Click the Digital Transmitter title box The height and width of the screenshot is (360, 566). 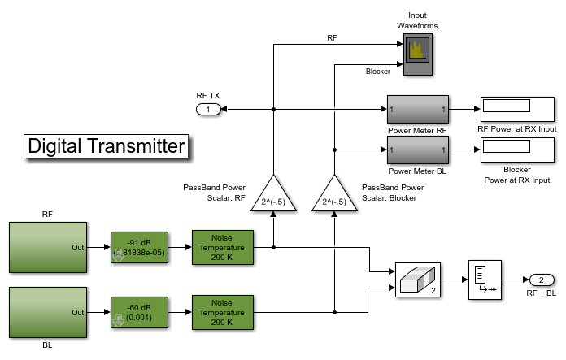point(107,146)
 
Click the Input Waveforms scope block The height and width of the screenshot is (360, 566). point(417,54)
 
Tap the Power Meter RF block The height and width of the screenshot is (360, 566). point(417,109)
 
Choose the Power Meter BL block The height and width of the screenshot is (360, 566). point(417,150)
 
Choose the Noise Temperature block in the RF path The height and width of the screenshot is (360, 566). point(222,247)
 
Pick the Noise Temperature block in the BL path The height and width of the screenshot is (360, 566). point(222,312)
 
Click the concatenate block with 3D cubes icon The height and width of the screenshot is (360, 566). point(417,280)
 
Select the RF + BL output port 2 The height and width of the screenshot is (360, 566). point(541,280)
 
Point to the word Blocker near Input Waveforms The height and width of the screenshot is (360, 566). point(378,72)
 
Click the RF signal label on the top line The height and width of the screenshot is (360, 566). point(332,38)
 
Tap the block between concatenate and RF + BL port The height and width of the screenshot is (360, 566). point(485,280)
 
